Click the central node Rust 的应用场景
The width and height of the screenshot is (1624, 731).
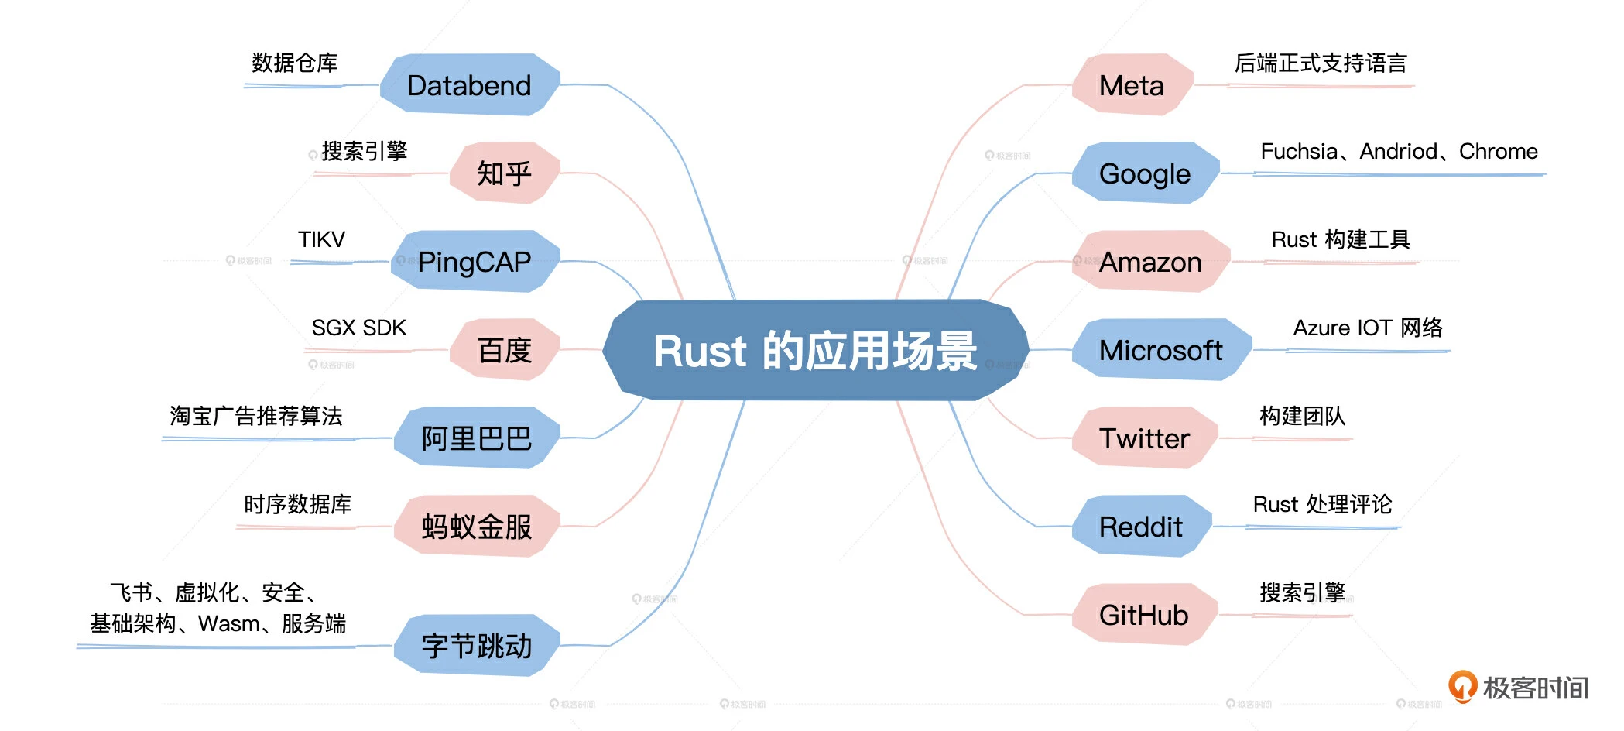click(x=815, y=350)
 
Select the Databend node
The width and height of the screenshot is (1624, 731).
click(x=469, y=85)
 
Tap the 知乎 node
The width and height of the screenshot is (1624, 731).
click(x=504, y=173)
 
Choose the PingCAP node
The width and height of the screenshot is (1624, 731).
click(x=474, y=262)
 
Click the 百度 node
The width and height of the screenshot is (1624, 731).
click(x=504, y=350)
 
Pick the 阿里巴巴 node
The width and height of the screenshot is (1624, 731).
click(x=476, y=438)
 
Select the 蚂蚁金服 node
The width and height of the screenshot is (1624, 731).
click(x=476, y=527)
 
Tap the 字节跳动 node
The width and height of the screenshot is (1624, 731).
click(x=476, y=646)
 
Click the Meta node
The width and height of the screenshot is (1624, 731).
click(x=1131, y=85)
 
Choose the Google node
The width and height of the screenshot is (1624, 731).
click(x=1144, y=173)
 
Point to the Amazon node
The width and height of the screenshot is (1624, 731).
click(x=1150, y=262)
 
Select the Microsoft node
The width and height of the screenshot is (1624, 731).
click(x=1160, y=350)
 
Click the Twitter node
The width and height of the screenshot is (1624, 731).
click(x=1144, y=438)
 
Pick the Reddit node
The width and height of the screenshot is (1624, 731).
click(x=1140, y=527)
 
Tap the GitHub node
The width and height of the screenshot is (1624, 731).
click(x=1143, y=615)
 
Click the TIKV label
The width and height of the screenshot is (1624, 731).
click(x=321, y=239)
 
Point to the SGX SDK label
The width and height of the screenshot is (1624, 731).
click(x=358, y=328)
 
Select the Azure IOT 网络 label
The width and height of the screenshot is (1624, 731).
click(x=1367, y=328)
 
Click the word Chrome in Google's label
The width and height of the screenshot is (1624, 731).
click(x=1498, y=151)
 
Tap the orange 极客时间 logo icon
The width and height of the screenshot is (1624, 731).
click(x=1462, y=685)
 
